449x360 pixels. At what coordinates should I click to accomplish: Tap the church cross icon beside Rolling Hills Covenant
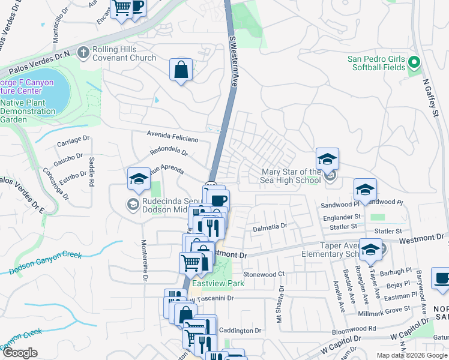[83, 53]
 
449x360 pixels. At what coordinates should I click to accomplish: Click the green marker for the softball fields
[414, 62]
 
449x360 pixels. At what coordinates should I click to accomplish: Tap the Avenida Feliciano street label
[173, 138]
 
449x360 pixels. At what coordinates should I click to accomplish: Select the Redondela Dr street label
[169, 152]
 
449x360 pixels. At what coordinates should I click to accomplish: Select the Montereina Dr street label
[144, 261]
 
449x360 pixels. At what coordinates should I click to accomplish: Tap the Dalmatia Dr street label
[270, 226]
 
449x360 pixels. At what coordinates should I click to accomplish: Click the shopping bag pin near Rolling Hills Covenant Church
[181, 70]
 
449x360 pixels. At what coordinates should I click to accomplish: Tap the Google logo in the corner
[20, 353]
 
